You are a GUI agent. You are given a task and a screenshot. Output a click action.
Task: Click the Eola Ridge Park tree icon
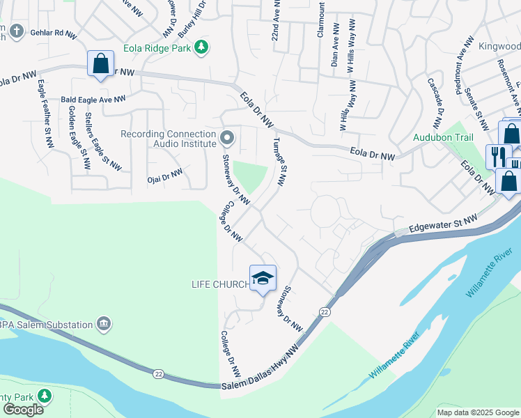point(201,47)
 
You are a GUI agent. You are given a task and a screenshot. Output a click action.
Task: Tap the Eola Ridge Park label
point(157,48)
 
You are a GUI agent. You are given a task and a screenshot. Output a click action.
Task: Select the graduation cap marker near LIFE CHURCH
point(263,278)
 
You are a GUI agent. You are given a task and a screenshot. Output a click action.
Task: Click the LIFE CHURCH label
point(220,284)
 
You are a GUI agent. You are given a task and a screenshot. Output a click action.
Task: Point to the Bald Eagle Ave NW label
point(93,100)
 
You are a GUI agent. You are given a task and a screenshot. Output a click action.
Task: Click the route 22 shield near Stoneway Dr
point(325,311)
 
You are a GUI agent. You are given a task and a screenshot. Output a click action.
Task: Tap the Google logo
point(23,410)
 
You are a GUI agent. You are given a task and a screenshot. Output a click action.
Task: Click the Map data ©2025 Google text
point(478,412)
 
